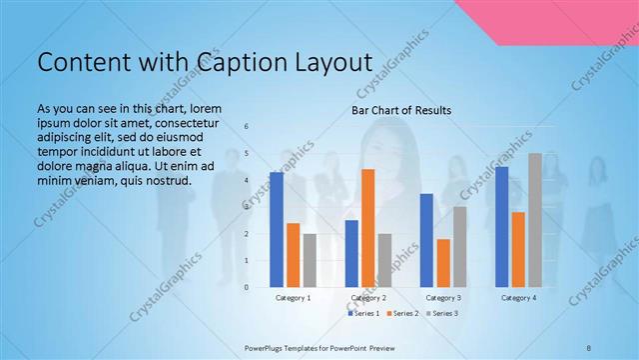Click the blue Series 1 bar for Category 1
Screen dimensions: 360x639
[276, 230]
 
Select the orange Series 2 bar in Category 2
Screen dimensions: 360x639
[367, 228]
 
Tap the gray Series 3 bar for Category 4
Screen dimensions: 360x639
[535, 220]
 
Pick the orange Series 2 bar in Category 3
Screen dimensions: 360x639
[443, 263]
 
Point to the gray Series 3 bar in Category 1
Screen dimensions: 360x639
[310, 260]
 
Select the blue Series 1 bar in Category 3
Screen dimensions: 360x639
[426, 240]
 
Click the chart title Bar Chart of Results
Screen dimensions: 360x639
[401, 110]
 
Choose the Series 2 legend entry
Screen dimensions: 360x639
[402, 314]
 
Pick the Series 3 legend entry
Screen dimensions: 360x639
[441, 314]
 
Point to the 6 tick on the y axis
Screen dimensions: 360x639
[247, 127]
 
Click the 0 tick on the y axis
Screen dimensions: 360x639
[247, 287]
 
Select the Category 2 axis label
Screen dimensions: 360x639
[368, 298]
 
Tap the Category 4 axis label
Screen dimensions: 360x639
[518, 298]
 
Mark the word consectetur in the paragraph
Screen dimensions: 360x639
[187, 120]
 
